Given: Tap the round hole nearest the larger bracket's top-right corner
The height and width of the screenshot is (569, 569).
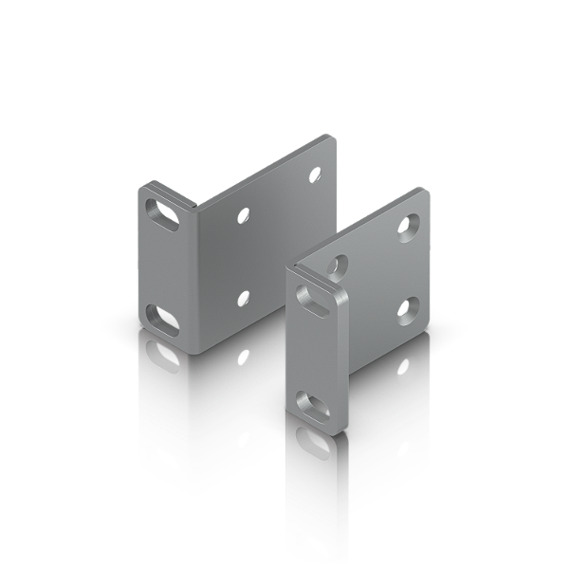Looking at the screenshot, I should pos(315,175).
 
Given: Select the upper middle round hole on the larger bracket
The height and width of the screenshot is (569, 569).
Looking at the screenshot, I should pos(244,216).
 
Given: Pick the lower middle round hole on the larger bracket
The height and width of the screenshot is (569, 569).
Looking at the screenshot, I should pos(244,299).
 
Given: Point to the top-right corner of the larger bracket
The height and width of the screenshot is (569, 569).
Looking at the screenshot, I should pos(333,136).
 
